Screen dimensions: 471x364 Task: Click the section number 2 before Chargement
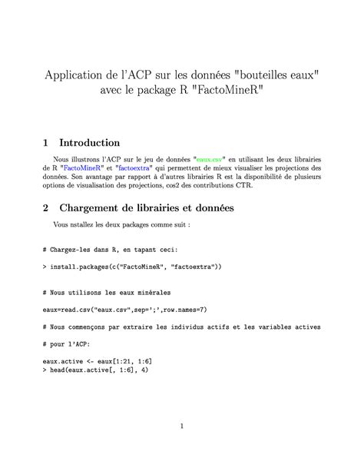(x=46, y=207)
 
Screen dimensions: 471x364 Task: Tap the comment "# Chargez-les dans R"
(x=111, y=250)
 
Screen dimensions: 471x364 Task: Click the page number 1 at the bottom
(x=181, y=426)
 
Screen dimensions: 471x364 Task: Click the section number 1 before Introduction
(x=46, y=143)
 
